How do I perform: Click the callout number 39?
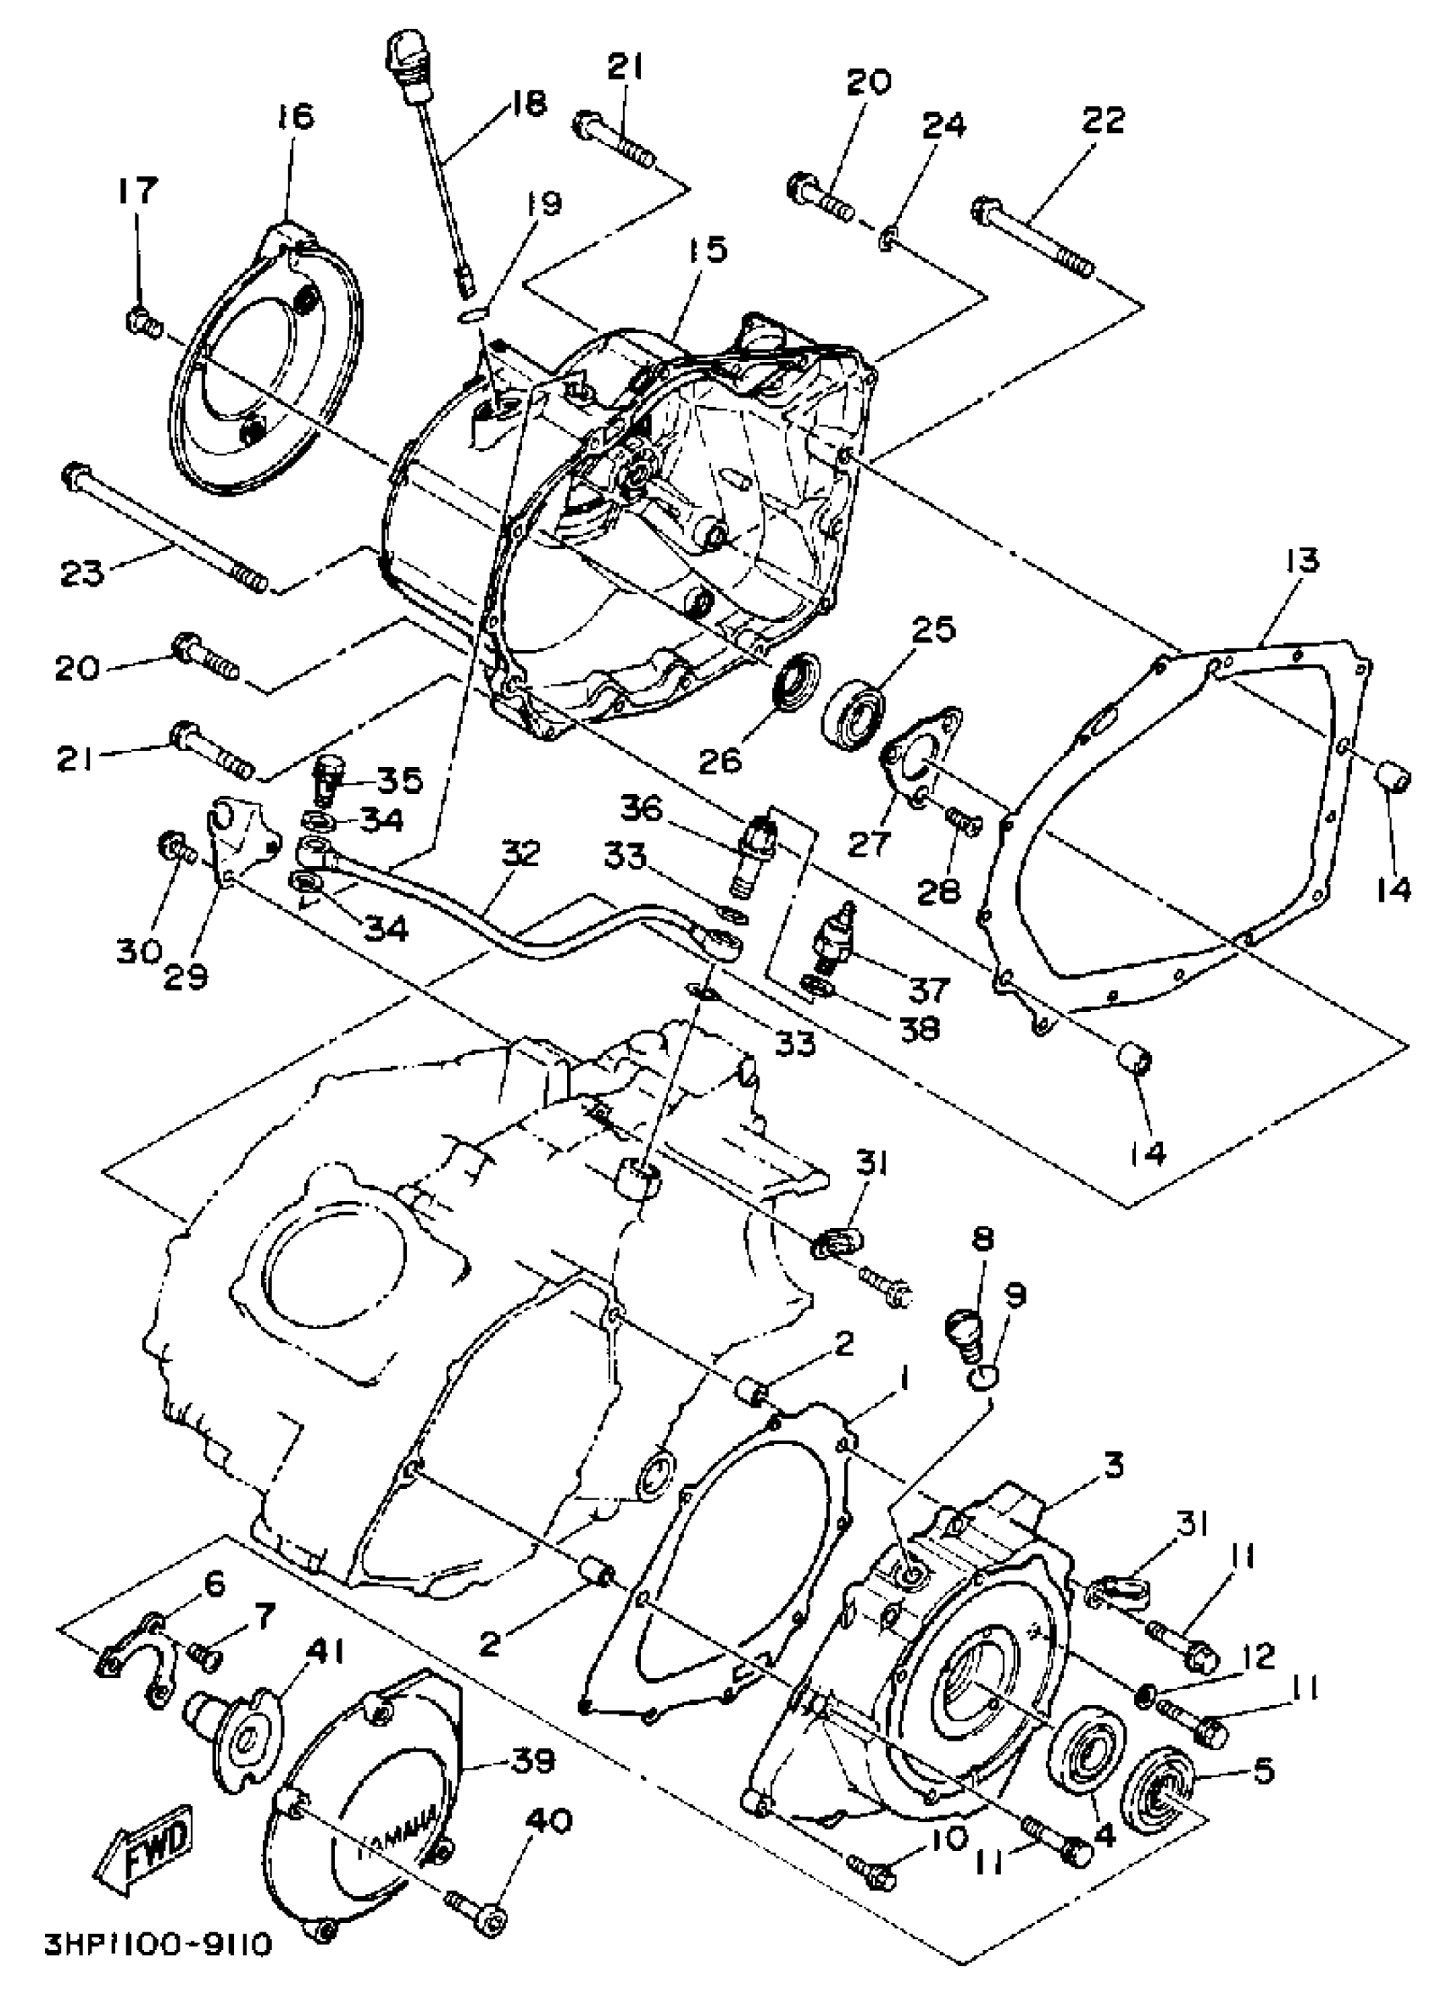point(531,1757)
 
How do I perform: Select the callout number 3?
point(1113,1465)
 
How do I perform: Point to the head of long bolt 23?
point(73,476)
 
